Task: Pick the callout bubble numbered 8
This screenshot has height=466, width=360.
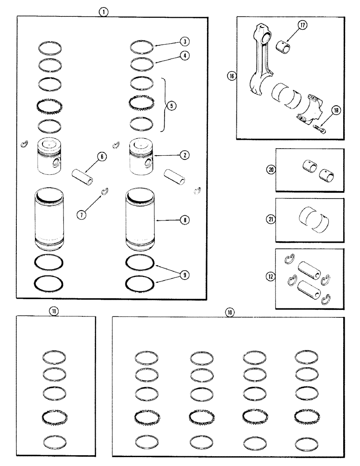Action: click(x=185, y=219)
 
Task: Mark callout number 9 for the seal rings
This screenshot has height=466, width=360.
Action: click(x=185, y=275)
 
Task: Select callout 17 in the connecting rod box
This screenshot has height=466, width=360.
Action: click(x=302, y=26)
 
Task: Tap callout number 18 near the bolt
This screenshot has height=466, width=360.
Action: click(x=335, y=110)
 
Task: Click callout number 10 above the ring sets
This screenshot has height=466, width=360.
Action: click(x=229, y=313)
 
